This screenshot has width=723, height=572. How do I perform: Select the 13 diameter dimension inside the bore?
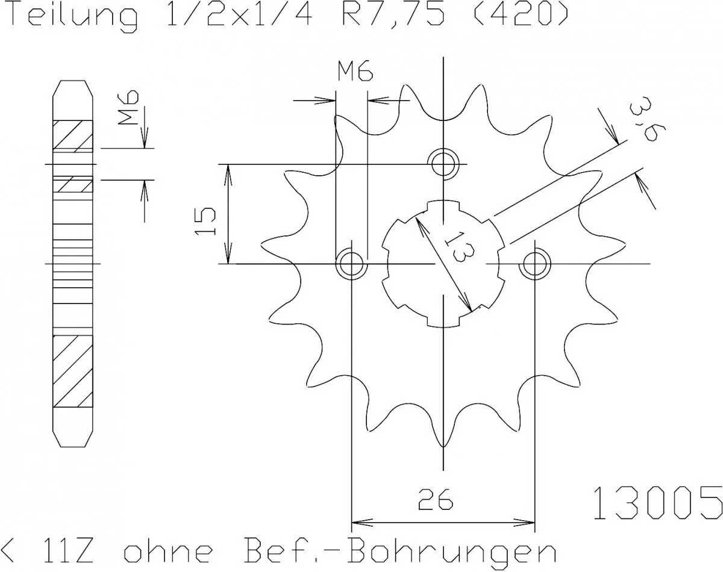(x=457, y=247)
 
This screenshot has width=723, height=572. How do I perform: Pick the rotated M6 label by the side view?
(x=128, y=108)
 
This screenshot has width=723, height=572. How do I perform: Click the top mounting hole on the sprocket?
(x=443, y=162)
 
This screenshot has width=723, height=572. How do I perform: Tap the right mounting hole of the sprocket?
(x=535, y=264)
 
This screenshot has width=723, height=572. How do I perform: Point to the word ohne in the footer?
(x=168, y=551)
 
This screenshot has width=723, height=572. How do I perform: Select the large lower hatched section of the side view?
(x=74, y=371)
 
